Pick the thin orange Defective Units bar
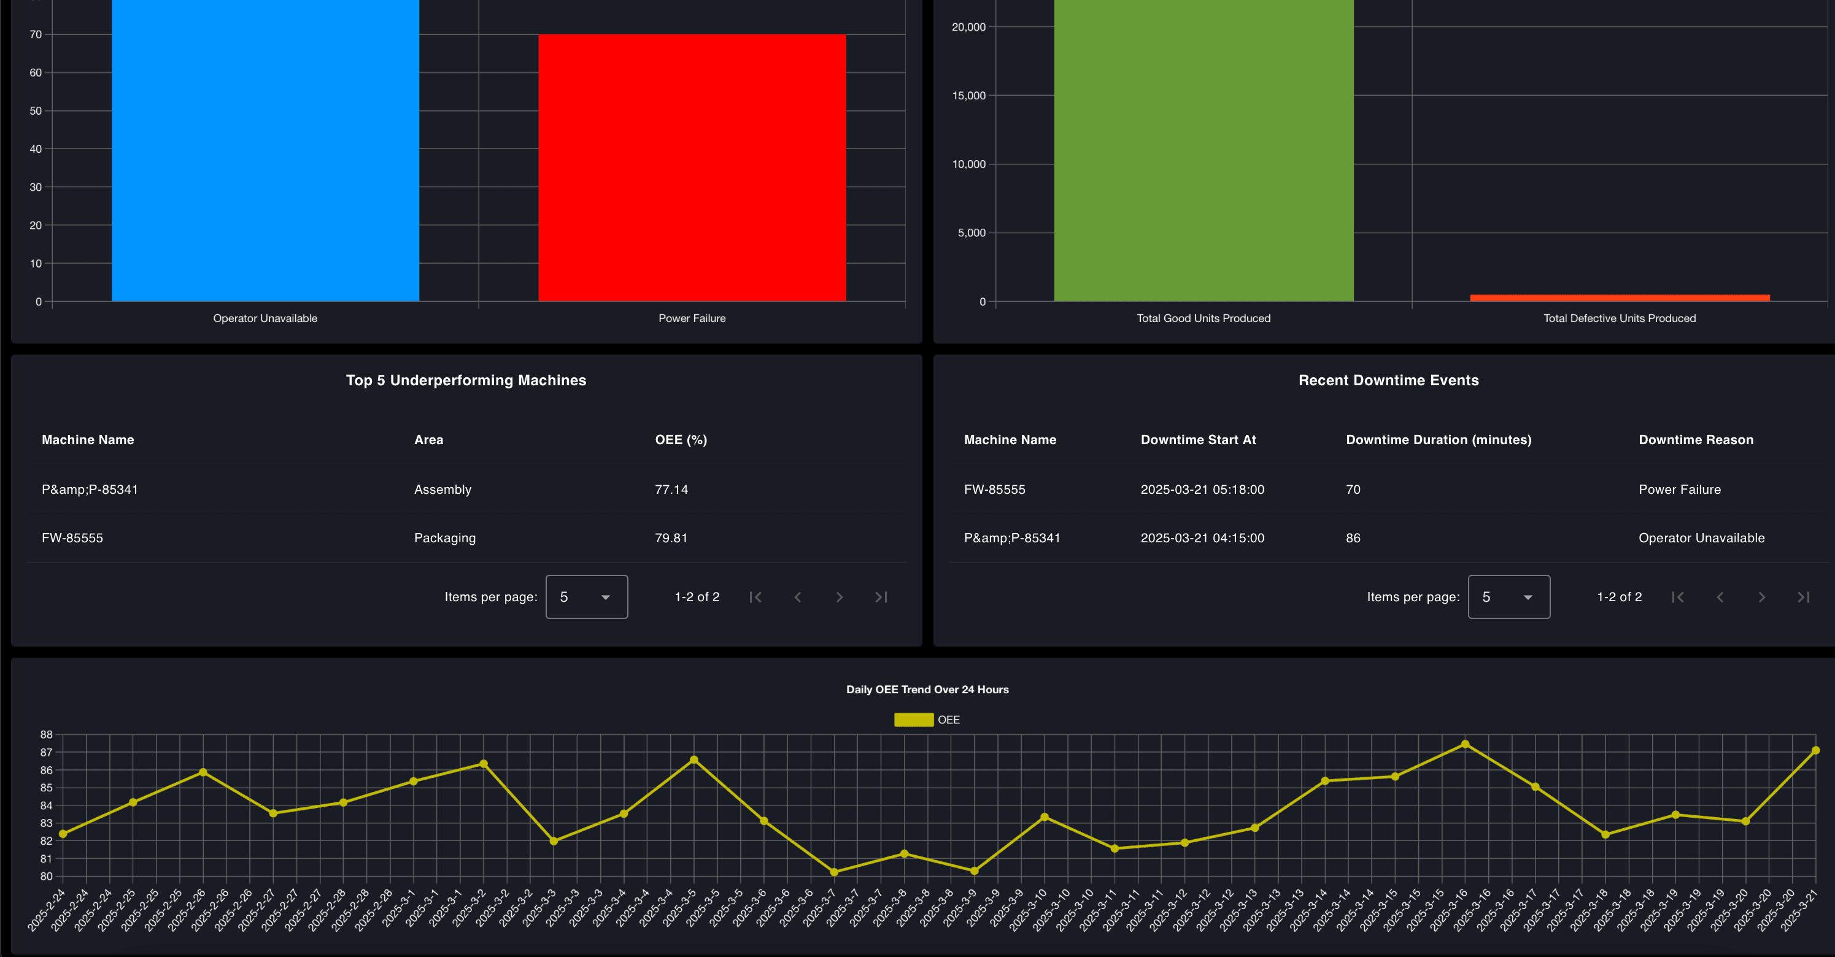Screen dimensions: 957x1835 [1619, 298]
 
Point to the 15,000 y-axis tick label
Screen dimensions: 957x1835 [969, 96]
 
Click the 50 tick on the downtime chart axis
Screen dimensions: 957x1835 [36, 111]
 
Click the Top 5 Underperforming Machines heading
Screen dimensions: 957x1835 [466, 380]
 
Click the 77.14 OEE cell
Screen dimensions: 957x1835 [671, 489]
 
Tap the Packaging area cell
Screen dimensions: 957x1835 [444, 537]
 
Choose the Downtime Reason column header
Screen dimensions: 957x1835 [1695, 439]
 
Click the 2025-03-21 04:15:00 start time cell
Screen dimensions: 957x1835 [1202, 537]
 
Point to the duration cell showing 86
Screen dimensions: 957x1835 [1353, 537]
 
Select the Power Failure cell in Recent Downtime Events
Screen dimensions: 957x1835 [1679, 489]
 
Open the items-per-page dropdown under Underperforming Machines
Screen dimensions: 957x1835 [586, 597]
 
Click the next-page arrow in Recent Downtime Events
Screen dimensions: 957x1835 [1761, 597]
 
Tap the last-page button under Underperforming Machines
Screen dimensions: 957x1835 [881, 597]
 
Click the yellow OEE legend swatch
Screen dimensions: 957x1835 [913, 720]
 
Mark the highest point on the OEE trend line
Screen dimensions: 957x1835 [1464, 744]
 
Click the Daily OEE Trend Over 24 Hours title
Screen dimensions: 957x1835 [927, 690]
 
